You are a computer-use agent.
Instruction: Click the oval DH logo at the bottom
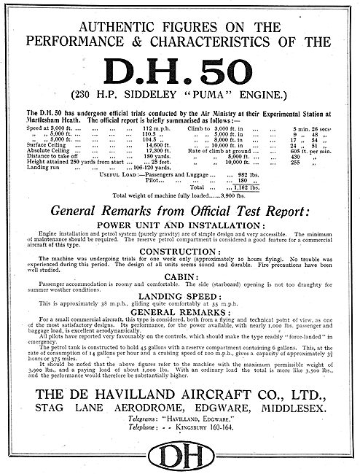coord(179,452)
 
